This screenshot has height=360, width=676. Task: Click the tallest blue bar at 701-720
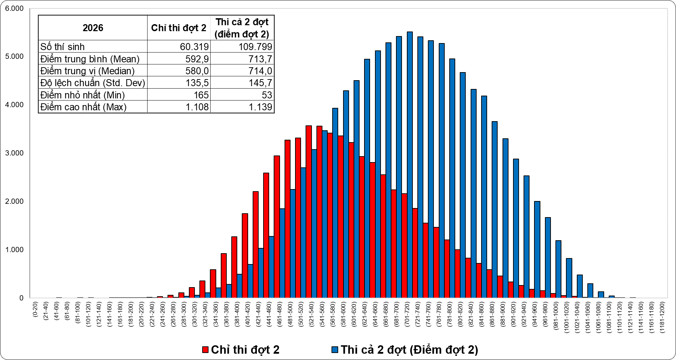(x=410, y=165)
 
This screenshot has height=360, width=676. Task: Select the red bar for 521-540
(x=309, y=212)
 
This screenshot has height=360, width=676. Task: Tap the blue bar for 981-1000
(x=558, y=269)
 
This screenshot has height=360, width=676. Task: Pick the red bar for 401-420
(x=245, y=256)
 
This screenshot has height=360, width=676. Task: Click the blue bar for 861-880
(x=494, y=210)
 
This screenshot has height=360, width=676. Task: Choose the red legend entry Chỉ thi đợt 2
(x=241, y=349)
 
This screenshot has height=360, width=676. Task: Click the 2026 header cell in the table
(x=93, y=28)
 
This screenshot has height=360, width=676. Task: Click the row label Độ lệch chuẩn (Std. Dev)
(x=93, y=83)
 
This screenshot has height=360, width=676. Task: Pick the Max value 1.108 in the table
(x=197, y=107)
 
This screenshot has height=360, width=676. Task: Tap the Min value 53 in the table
(x=267, y=95)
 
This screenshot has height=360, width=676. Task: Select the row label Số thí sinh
(x=62, y=47)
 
